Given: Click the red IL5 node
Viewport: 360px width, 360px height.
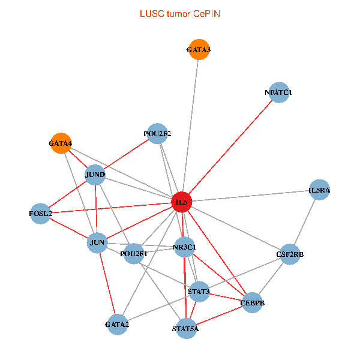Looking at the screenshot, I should click(x=182, y=202).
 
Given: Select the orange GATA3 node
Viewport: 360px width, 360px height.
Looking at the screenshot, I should click(x=199, y=50).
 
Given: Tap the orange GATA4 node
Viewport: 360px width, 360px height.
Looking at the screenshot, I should click(x=61, y=143).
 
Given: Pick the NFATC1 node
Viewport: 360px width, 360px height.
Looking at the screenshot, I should click(x=278, y=92).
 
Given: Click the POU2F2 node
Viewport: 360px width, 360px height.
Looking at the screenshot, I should click(x=157, y=133).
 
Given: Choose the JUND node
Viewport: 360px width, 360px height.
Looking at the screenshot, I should click(x=95, y=175).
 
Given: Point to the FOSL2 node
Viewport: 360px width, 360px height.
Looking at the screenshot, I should click(x=41, y=213).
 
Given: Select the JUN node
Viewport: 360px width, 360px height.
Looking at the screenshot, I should click(x=97, y=242).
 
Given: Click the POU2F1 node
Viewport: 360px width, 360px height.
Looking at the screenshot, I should click(x=134, y=253).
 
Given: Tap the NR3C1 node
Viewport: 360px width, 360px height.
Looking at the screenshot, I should click(x=184, y=247).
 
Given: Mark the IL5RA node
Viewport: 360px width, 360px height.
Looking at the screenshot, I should click(x=319, y=190).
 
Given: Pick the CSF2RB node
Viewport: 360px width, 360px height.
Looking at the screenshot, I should click(x=290, y=254).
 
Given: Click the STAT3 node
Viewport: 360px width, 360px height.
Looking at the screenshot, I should click(x=199, y=292).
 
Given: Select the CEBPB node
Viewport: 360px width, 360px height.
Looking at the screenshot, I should click(x=252, y=303).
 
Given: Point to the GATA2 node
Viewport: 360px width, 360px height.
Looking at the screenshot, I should click(x=117, y=325).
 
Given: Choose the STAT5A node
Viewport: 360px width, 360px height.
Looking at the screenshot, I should click(x=185, y=328).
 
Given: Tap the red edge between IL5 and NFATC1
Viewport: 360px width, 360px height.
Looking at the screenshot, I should click(x=230, y=147).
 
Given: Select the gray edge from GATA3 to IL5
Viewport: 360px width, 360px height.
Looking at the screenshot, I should click(x=190, y=126).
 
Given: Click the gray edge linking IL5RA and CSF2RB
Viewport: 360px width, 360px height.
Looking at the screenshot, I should click(x=305, y=222).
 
